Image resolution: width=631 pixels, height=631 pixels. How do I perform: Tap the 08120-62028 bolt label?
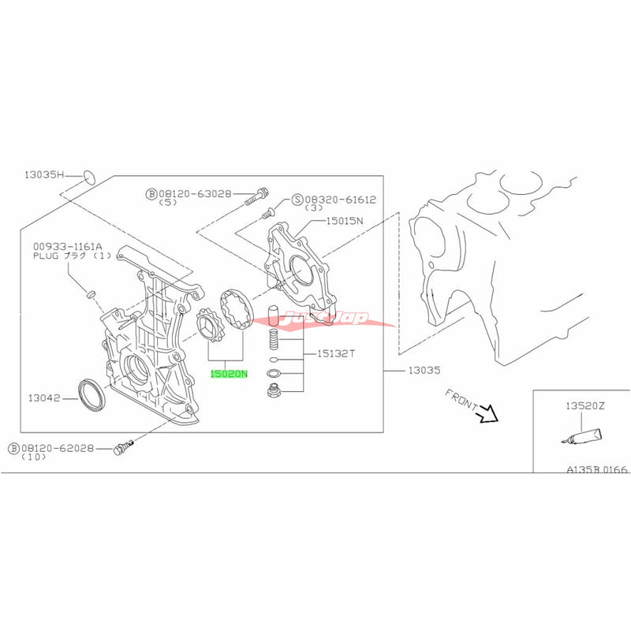pyautogui.click(x=58, y=448)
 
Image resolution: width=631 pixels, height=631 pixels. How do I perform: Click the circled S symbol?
pyautogui.click(x=298, y=200)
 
